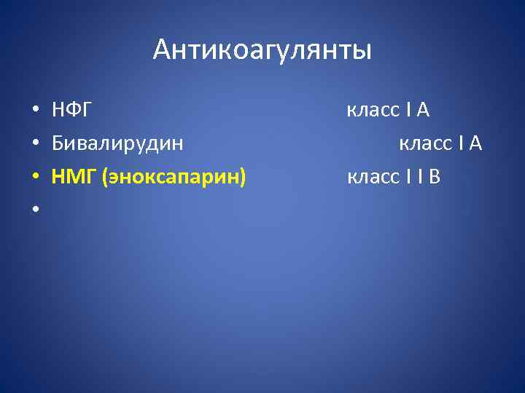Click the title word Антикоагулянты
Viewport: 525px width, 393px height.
(262, 50)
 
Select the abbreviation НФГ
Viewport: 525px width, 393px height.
(71, 111)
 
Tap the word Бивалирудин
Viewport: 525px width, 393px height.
(117, 143)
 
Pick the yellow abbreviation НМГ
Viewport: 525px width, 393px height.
(75, 176)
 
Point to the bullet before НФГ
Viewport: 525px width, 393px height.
(34, 111)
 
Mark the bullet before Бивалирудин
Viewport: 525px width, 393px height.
(34, 144)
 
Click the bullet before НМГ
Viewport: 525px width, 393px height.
(34, 177)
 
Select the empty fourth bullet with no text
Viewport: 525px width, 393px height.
(34, 210)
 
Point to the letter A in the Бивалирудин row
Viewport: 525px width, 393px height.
(475, 143)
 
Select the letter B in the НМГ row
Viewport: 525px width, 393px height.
(435, 176)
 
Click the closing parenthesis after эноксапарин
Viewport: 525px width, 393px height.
(244, 176)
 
